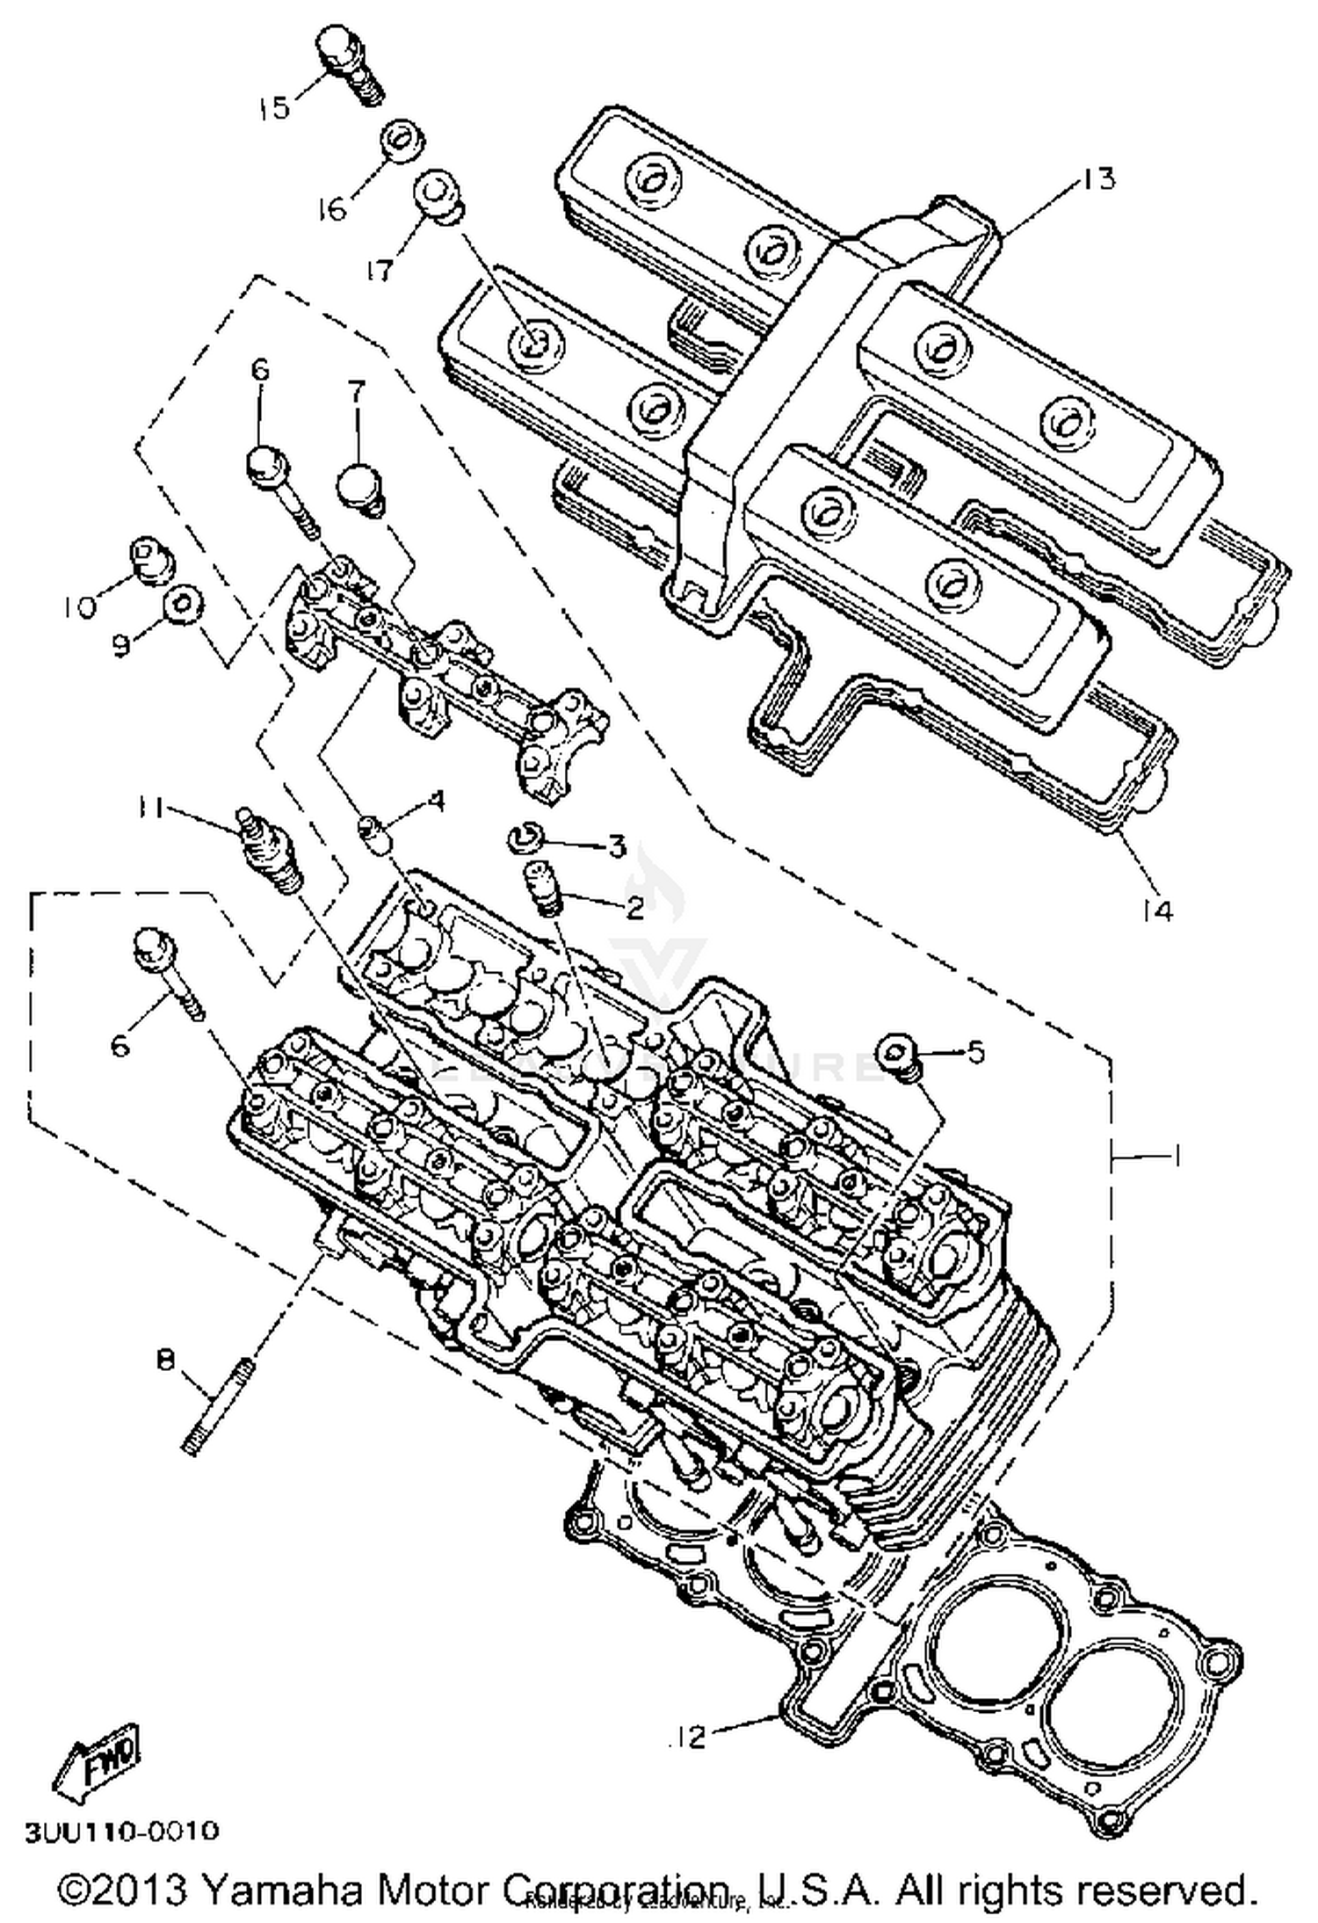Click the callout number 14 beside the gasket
point(1158,911)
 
